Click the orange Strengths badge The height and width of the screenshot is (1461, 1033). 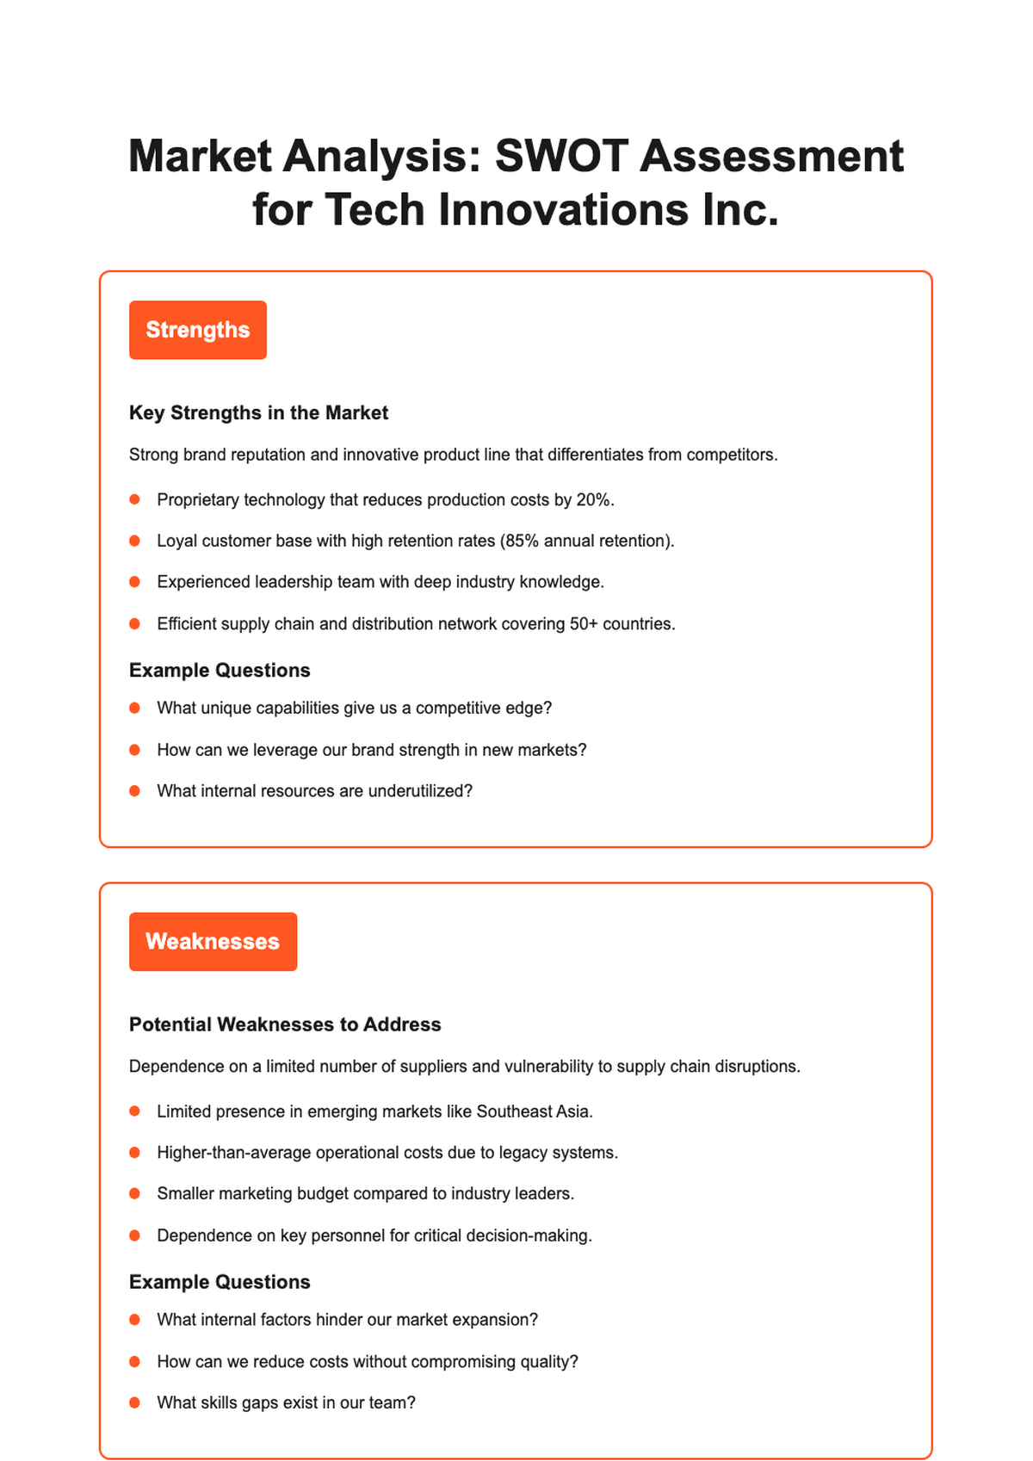[x=198, y=330]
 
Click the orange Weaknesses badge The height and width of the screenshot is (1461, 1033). [x=213, y=941]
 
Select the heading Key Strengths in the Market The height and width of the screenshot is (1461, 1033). [x=258, y=413]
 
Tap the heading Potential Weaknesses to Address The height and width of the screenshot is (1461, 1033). [x=285, y=1025]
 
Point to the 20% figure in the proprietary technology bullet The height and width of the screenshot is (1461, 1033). [x=594, y=500]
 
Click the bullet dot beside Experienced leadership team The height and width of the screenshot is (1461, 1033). [x=134, y=583]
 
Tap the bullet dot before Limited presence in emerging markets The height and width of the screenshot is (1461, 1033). [x=134, y=1111]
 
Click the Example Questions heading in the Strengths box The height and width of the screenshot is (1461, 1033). [x=220, y=671]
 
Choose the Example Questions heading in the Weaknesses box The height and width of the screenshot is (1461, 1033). [x=220, y=1282]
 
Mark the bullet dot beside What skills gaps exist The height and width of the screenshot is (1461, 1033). [x=134, y=1402]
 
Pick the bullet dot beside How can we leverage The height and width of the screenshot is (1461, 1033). [x=134, y=750]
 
